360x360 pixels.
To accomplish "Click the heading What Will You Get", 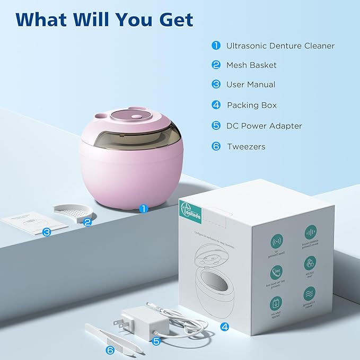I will point(104,20).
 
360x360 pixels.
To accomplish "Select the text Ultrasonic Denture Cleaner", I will point(280,46).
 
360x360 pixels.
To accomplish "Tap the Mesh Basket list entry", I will point(251,65).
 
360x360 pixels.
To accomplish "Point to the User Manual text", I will point(251,84).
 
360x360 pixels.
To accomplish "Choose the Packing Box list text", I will point(252,105).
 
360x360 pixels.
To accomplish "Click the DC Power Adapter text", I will point(264,126).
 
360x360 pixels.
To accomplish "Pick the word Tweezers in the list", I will point(246,146).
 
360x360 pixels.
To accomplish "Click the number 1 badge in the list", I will point(216,46).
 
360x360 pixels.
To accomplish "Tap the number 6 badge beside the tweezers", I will point(110,350).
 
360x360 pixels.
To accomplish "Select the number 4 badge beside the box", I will point(224,327).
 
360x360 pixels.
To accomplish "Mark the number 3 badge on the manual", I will point(47,232).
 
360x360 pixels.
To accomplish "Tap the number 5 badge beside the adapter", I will point(156,341).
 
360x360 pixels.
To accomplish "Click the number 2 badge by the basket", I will point(87,223).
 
